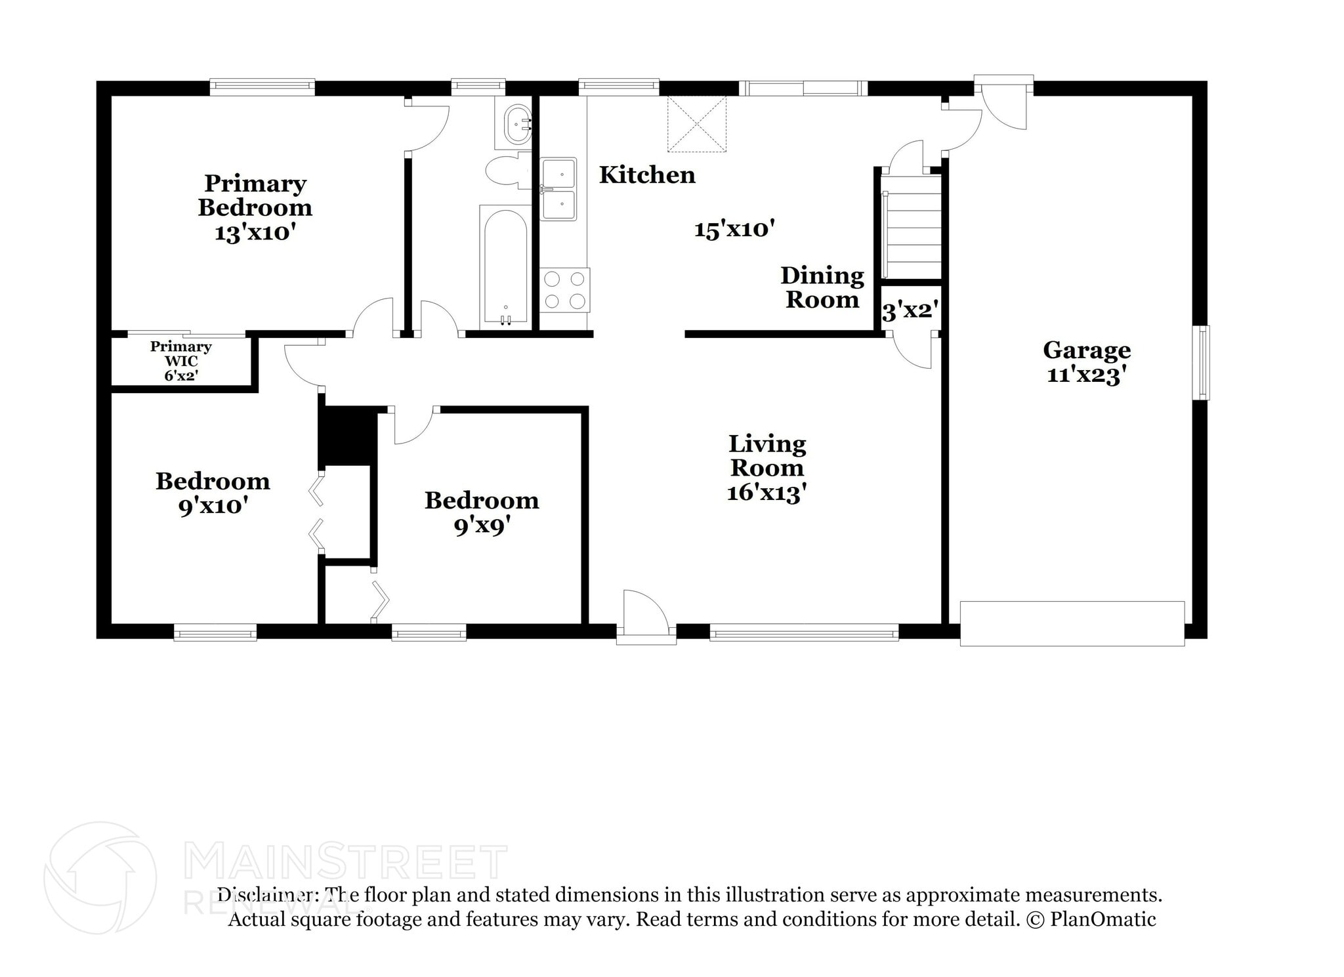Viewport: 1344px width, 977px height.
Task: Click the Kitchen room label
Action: coord(646,175)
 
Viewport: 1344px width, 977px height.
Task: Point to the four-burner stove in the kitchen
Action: coord(564,289)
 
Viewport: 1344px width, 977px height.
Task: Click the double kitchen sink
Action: coord(558,189)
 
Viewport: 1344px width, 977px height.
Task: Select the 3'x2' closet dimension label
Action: coord(909,310)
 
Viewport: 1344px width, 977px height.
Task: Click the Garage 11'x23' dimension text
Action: coord(1086,375)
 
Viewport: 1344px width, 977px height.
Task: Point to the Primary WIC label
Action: coord(180,354)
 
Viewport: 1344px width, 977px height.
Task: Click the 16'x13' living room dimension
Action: coord(766,492)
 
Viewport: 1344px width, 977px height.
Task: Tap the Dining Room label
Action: coord(822,287)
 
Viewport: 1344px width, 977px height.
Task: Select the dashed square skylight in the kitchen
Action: coord(697,124)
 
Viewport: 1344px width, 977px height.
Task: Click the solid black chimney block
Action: coord(347,436)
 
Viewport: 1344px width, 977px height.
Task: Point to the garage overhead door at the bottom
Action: coord(1072,623)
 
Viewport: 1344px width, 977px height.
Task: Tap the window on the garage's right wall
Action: coord(1200,362)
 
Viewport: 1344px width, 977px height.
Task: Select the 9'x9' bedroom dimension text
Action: coord(481,526)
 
